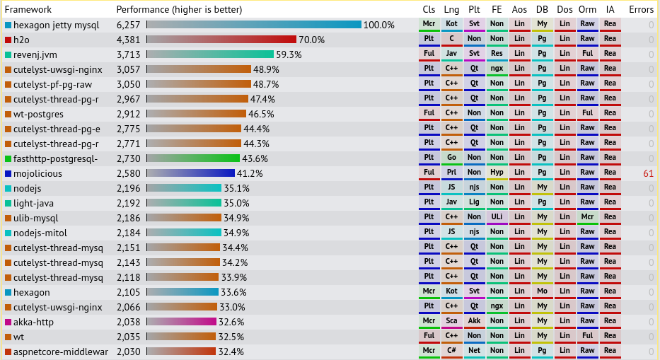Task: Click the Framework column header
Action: coord(28,9)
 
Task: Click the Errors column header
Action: coord(641,9)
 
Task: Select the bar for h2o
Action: coord(221,40)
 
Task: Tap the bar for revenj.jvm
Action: coord(210,54)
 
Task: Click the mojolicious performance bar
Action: coord(190,173)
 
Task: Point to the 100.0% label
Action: coord(378,25)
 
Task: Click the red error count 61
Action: coord(649,173)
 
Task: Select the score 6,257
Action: coord(129,25)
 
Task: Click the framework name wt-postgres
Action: coord(38,114)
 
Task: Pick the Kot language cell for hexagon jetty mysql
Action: coord(451,24)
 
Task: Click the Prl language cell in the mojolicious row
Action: coord(451,173)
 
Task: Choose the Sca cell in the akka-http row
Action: coord(451,321)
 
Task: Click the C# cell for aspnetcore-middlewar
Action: coord(451,351)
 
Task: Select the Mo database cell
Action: coord(542,291)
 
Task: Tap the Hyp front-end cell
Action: coord(497,173)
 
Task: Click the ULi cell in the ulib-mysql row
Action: coord(497,217)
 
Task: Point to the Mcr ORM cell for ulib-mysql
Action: coord(587,217)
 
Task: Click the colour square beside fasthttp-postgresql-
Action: coord(8,159)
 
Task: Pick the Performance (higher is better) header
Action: coord(179,9)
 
